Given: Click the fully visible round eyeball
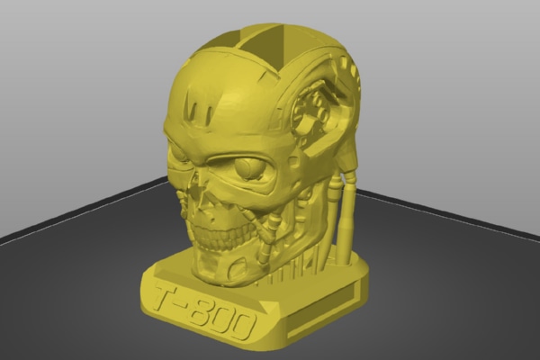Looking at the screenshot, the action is point(248,168).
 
